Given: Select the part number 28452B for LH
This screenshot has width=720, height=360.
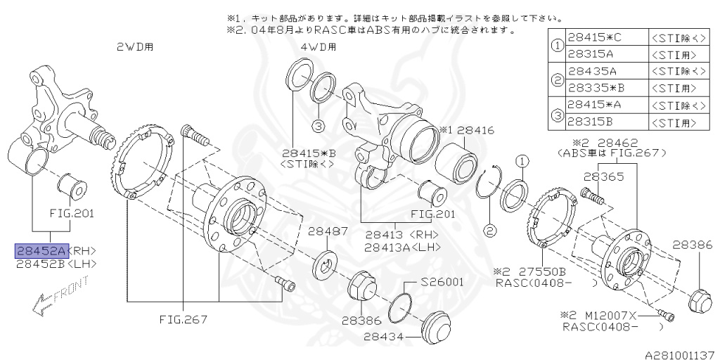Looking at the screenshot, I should coord(41,264).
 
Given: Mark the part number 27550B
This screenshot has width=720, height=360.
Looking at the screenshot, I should coord(538,271).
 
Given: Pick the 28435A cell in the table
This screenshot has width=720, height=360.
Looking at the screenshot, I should coord(592,71).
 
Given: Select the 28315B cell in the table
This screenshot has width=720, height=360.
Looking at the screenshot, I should coord(592,122).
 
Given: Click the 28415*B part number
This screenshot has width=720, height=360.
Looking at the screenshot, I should coord(307,152).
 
